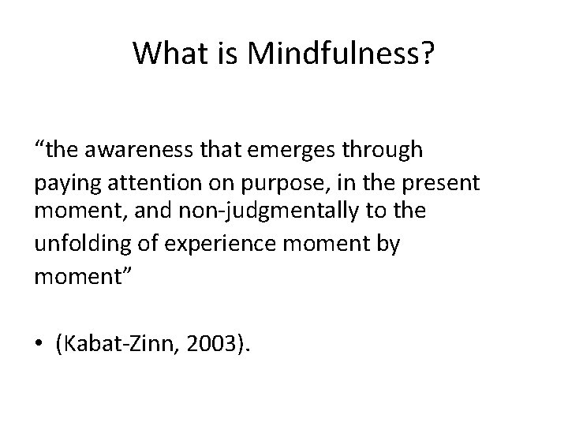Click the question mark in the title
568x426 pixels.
pos(427,54)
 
